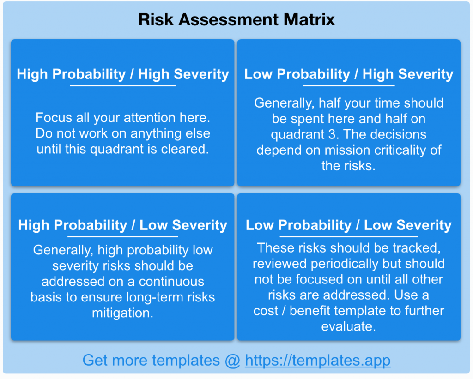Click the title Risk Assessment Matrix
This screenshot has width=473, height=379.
pyautogui.click(x=236, y=20)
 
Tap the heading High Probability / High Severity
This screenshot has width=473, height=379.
pyautogui.click(x=123, y=74)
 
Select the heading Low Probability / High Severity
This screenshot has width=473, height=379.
pyautogui.click(x=349, y=74)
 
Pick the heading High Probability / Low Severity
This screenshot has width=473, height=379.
pyautogui.click(x=123, y=225)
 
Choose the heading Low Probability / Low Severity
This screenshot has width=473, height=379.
pyautogui.click(x=349, y=225)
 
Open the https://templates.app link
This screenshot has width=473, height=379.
pyautogui.click(x=318, y=361)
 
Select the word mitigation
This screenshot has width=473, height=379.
pyautogui.click(x=123, y=313)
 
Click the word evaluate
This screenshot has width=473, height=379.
pyautogui.click(x=349, y=326)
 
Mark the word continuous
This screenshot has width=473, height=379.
pyautogui.click(x=171, y=282)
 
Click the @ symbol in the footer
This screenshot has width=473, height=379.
pyautogui.click(x=232, y=361)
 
